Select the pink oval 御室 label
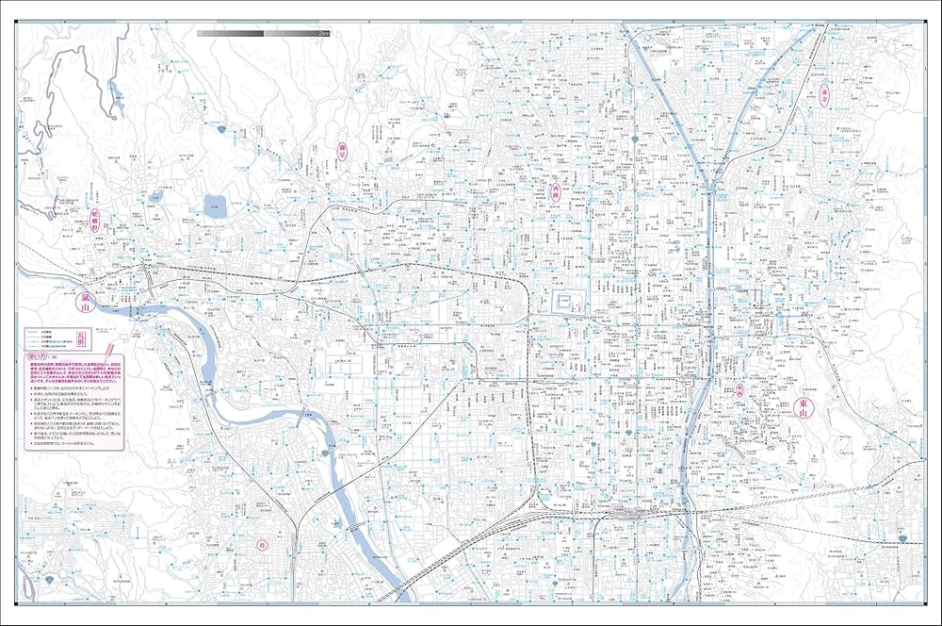[343, 153]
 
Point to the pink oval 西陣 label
[556, 193]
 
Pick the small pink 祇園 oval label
[739, 389]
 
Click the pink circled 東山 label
[804, 406]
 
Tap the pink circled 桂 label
[261, 545]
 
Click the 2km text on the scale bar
[323, 33]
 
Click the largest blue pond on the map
[215, 206]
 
